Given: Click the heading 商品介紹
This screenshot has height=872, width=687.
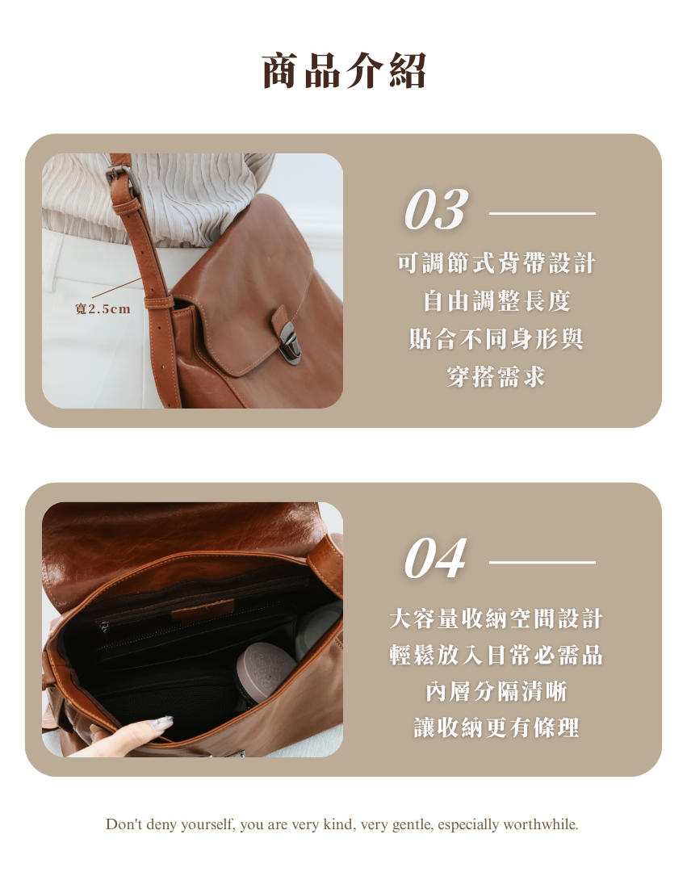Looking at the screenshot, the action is (x=344, y=70).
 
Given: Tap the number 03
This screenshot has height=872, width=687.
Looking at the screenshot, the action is (x=436, y=209).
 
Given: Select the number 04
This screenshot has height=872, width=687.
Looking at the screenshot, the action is (x=435, y=559).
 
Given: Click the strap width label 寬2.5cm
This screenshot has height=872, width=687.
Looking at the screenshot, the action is (x=103, y=308).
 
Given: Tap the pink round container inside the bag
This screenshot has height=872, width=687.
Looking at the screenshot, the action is (x=265, y=671).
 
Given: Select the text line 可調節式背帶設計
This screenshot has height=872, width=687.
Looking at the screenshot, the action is (x=496, y=263).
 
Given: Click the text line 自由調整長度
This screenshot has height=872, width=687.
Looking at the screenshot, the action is (x=496, y=301).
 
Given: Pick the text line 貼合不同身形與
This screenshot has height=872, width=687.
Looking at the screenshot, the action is (x=496, y=338).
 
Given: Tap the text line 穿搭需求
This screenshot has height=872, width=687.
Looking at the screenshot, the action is (x=496, y=376).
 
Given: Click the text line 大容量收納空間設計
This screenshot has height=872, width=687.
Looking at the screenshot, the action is (x=496, y=618).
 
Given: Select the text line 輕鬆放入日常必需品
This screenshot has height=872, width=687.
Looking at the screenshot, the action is (x=496, y=655).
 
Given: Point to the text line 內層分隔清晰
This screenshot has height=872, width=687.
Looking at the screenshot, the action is (x=496, y=691).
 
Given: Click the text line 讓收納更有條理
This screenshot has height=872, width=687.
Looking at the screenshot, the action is (x=496, y=727).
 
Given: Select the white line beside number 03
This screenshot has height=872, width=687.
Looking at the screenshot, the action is (x=542, y=213).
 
